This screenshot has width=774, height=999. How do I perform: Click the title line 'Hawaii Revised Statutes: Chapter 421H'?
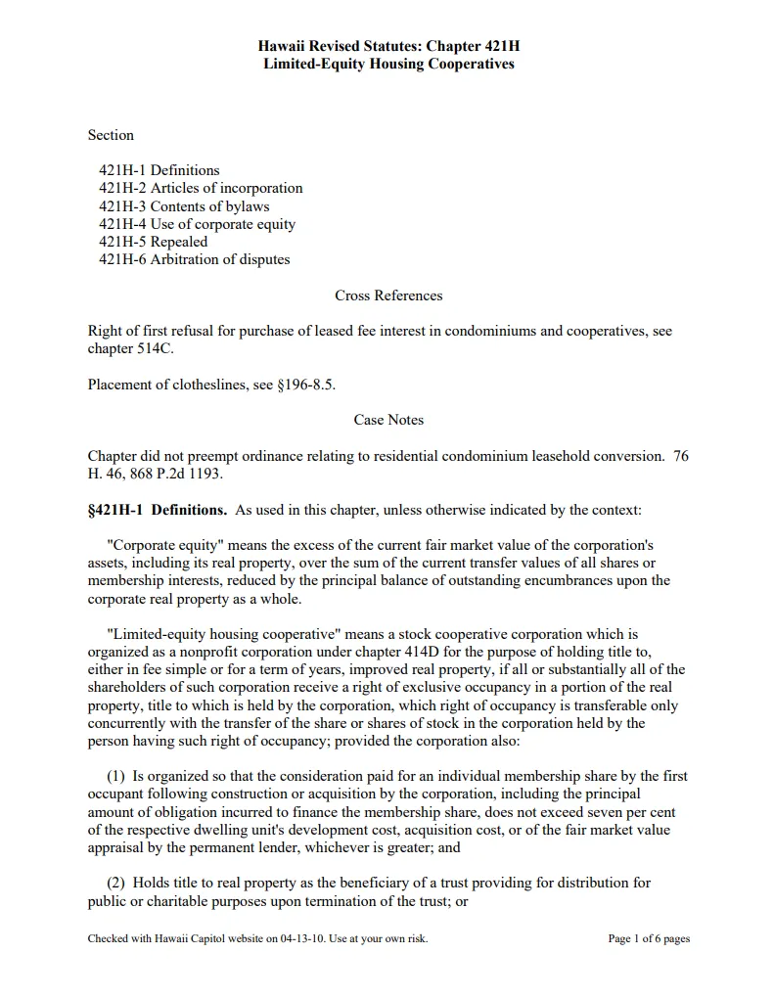[x=388, y=46]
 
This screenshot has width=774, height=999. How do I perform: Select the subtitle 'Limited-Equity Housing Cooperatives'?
[x=388, y=64]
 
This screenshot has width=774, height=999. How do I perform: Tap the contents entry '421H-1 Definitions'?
[x=159, y=170]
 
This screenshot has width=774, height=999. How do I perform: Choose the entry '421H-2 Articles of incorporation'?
[x=201, y=188]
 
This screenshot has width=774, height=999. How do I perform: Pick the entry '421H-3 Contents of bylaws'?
[x=184, y=206]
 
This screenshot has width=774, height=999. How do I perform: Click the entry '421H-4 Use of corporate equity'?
[x=197, y=224]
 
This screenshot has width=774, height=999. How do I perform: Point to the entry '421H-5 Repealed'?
[x=153, y=242]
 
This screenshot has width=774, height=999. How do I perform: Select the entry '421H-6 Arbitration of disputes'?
[x=194, y=259]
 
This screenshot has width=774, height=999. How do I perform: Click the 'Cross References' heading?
[x=388, y=295]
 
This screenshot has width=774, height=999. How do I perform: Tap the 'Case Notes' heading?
[x=388, y=420]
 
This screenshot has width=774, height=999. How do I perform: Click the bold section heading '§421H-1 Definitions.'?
[x=158, y=510]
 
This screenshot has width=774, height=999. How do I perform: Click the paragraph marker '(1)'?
[x=116, y=776]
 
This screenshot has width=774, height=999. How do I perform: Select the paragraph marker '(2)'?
[x=116, y=883]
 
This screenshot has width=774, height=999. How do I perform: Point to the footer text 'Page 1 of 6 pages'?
[x=649, y=939]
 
